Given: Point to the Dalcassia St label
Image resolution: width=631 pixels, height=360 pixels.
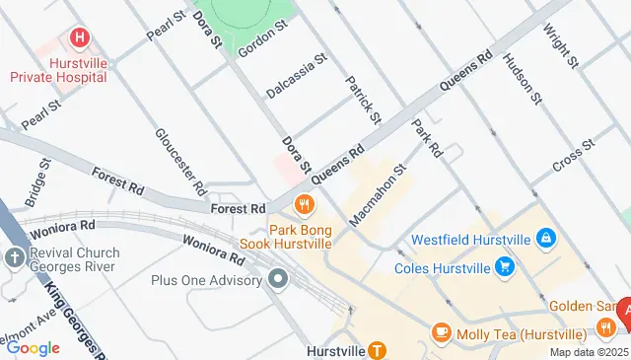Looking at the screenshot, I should [296, 76].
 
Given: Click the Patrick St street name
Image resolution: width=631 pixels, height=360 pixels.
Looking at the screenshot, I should [363, 100].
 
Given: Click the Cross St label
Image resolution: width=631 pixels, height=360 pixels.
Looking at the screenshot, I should [574, 156].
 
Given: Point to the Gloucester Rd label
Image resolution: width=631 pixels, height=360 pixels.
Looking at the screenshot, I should [180, 160].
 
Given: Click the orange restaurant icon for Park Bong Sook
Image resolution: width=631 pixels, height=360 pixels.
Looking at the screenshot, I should [304, 205].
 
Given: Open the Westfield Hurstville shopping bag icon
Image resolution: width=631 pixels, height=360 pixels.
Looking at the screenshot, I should [545, 238].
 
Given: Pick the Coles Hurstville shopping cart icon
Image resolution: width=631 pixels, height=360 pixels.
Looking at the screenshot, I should [505, 266].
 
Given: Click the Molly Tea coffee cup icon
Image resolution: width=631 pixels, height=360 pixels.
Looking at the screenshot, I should [441, 332].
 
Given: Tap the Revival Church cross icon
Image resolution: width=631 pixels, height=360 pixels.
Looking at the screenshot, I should [14, 258].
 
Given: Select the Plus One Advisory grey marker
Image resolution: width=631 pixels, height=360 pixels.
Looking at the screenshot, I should [278, 280].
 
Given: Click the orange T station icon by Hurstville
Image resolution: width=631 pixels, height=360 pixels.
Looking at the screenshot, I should [376, 349].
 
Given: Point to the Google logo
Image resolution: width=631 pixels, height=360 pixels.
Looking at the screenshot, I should [34, 347].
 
